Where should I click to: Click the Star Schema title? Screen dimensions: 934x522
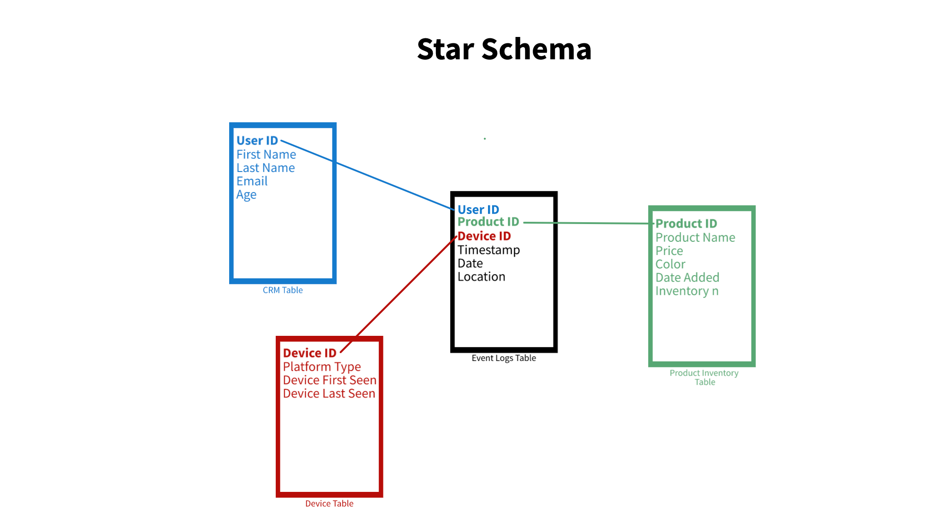[504, 49]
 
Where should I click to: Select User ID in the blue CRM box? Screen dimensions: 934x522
[257, 141]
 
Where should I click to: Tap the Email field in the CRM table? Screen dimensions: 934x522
[252, 181]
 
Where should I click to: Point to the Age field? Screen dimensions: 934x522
[247, 195]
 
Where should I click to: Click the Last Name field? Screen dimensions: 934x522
[266, 168]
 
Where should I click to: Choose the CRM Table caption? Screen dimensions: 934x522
[283, 290]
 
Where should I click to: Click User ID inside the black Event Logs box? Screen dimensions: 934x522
[478, 209]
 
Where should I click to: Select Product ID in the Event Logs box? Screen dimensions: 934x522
[488, 222]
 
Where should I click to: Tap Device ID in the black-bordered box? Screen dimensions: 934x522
[484, 236]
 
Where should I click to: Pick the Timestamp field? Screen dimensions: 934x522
[489, 250]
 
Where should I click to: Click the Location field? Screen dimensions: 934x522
[482, 277]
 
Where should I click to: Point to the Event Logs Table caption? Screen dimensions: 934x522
[504, 358]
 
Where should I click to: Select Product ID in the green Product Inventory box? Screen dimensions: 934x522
[686, 224]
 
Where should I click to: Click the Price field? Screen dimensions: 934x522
[669, 251]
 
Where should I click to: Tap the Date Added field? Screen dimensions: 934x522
[687, 277]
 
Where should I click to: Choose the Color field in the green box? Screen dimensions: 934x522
[671, 264]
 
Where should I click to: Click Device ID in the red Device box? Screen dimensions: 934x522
[310, 353]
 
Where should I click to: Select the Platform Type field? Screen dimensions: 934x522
[322, 367]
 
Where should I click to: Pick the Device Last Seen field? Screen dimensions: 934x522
[329, 393]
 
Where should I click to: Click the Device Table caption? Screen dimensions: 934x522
[329, 504]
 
